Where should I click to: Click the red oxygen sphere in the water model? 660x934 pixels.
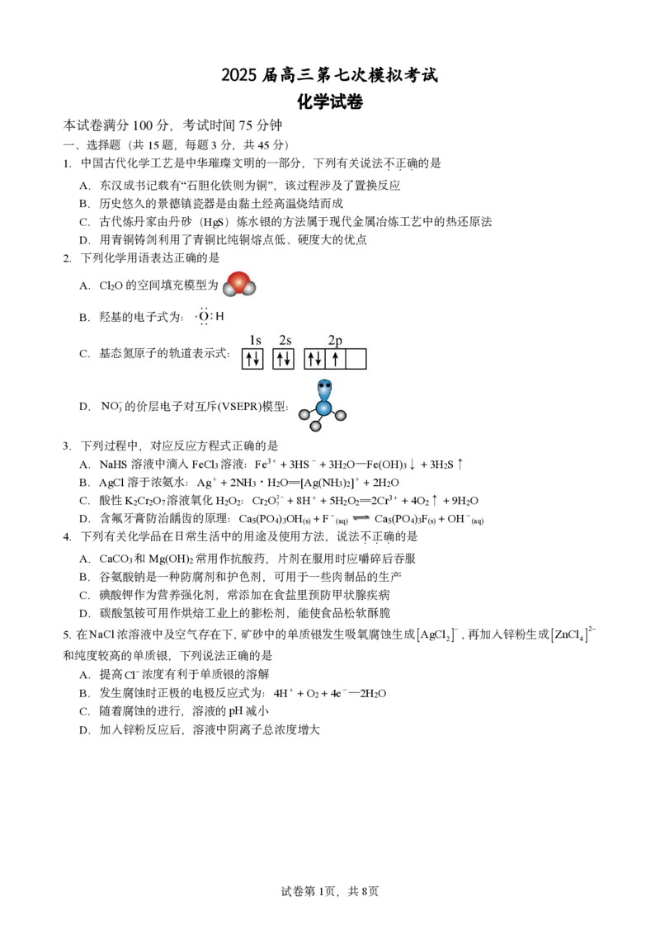239,281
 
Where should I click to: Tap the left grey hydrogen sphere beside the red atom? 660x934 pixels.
229,290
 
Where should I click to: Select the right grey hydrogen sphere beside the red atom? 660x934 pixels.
249,289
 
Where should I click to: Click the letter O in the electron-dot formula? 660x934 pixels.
204,316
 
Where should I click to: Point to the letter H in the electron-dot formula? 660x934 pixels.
219,316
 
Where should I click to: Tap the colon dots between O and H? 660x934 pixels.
211,316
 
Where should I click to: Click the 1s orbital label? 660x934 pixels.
255,340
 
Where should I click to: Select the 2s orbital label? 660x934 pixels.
285,340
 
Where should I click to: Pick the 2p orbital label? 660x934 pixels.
335,340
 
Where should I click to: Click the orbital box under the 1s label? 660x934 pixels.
252,359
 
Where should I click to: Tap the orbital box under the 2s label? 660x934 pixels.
283,359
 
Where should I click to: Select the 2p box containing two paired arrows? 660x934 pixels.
314,359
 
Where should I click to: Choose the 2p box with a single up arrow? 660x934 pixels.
335,359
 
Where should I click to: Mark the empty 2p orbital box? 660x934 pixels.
356,359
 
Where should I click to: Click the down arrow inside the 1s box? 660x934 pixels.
257,359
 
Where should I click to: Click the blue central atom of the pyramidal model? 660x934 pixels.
323,408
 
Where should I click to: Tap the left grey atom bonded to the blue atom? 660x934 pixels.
304,414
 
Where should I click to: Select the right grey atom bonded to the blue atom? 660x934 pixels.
341,415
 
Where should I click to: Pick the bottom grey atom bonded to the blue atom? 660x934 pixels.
315,427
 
